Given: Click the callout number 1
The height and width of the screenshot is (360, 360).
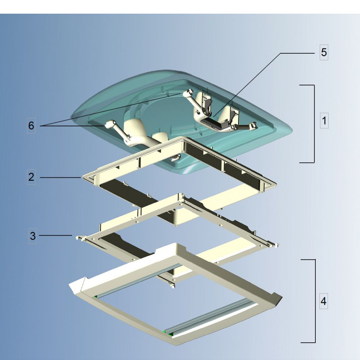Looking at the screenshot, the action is coord(324,121).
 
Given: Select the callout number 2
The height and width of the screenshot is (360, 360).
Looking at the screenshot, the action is coord(31,177).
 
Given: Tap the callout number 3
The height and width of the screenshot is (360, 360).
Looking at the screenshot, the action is coord(33,236).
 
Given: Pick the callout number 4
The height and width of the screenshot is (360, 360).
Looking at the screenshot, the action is coord(324,301).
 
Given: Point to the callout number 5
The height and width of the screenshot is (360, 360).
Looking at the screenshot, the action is coord(324,52).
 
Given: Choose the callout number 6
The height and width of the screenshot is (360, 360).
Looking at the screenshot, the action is coord(31,126).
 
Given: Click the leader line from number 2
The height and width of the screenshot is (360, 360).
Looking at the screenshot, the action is coord(60,177).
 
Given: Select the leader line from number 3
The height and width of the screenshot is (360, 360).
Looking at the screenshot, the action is coord(55,235).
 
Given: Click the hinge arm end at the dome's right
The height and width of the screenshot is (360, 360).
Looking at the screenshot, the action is coord(253,125).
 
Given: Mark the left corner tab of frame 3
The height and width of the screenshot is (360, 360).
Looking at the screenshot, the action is coord(79,238).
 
